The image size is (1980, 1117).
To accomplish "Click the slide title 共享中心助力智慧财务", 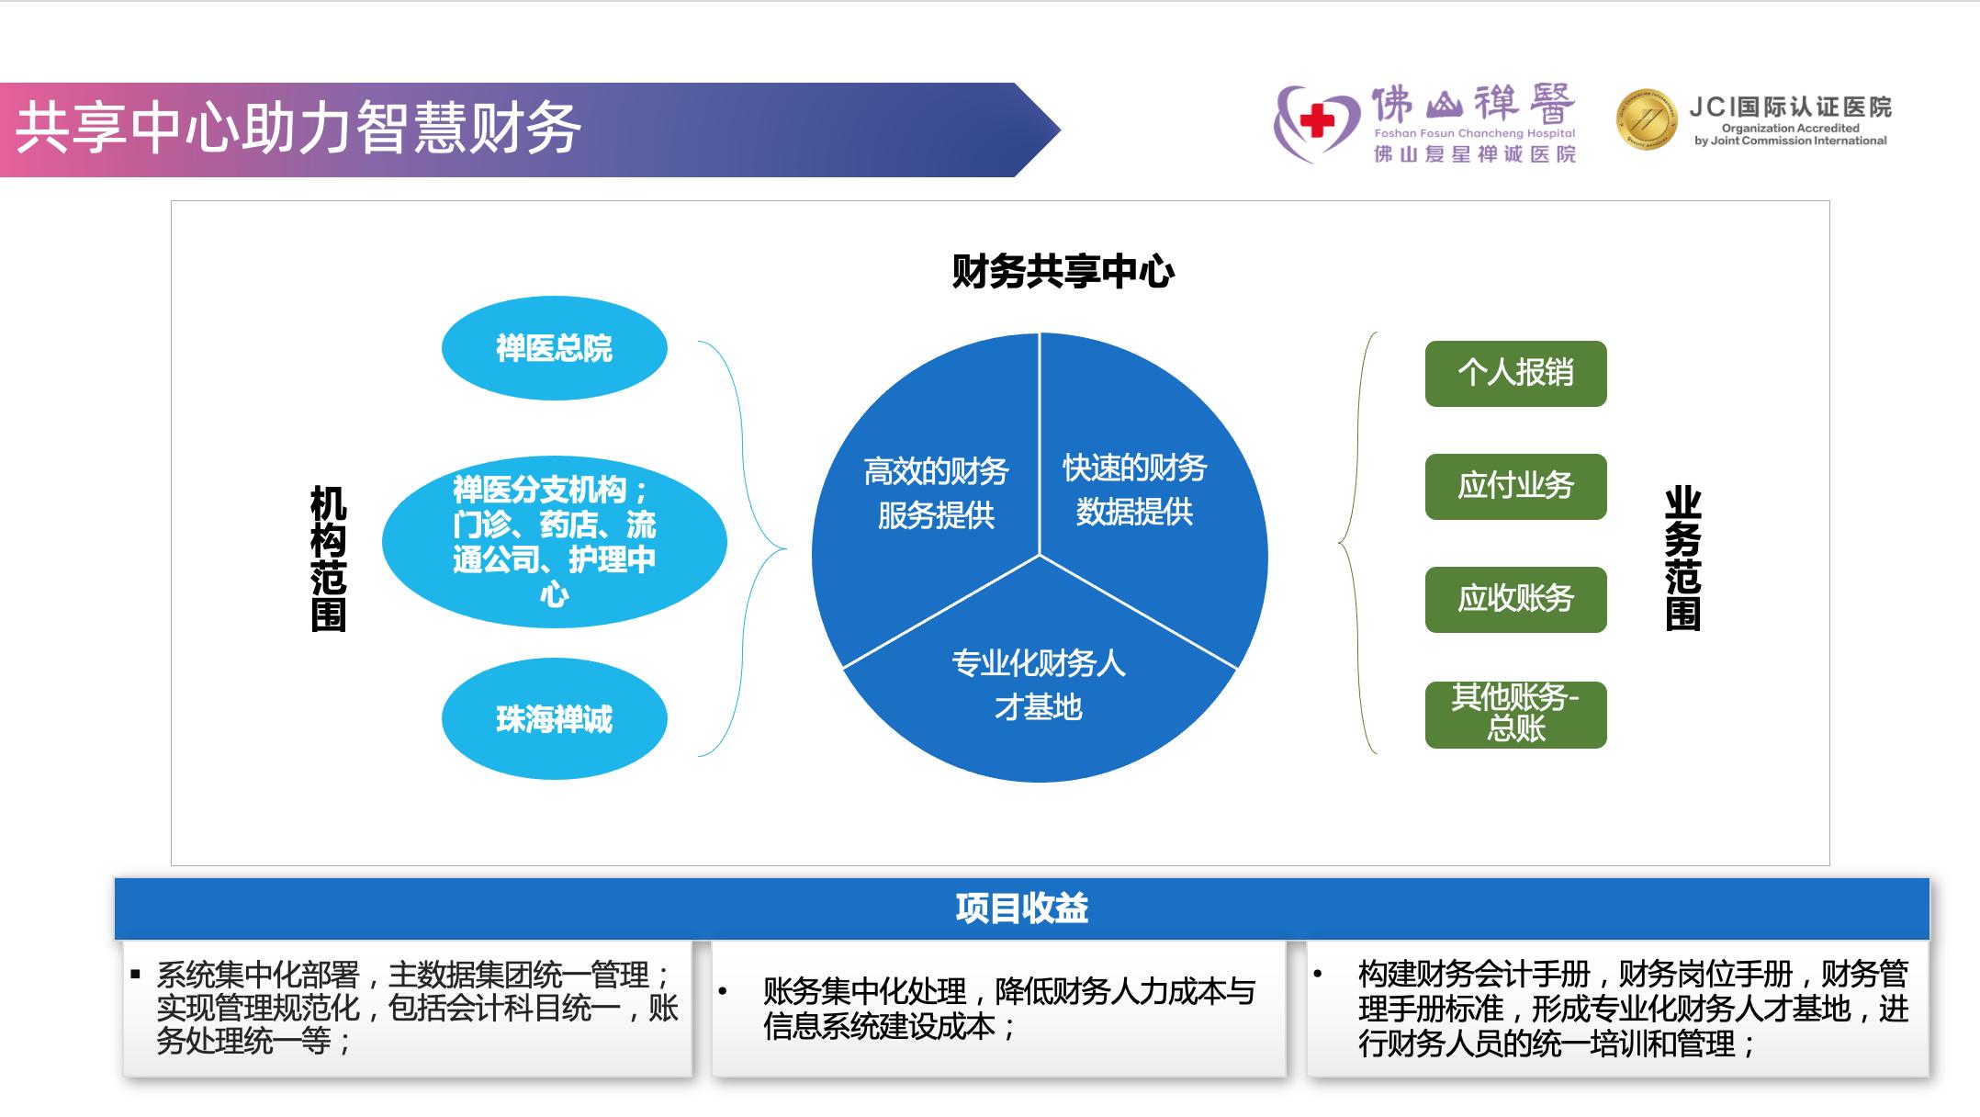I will pyautogui.click(x=298, y=128).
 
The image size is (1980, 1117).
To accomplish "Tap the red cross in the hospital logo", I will pyautogui.click(x=1317, y=120).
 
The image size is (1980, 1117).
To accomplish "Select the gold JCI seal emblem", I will pyautogui.click(x=1647, y=119).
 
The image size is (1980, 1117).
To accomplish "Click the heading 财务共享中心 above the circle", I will pyautogui.click(x=1063, y=271).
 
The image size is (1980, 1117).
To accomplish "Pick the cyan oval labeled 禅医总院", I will pyautogui.click(x=554, y=348).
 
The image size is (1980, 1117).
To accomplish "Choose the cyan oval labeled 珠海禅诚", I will pyautogui.click(x=554, y=718).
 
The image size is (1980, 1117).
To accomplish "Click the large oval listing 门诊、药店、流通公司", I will pyautogui.click(x=554, y=542).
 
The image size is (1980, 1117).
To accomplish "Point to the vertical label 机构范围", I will pyautogui.click(x=328, y=558).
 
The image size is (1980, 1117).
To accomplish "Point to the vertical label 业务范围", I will pyautogui.click(x=1682, y=558).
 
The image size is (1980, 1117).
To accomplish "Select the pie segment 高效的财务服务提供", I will pyautogui.click(x=935, y=493).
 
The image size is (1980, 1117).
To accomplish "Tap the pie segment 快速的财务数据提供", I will pyautogui.click(x=1135, y=490).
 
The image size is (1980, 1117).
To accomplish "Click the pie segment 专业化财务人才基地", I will pyautogui.click(x=1039, y=685).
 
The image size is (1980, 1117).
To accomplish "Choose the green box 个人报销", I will pyautogui.click(x=1515, y=373).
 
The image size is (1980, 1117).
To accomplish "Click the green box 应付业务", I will pyautogui.click(x=1515, y=486).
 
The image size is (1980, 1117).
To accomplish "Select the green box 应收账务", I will pyautogui.click(x=1515, y=599).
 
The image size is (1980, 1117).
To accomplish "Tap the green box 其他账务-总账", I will pyautogui.click(x=1515, y=714).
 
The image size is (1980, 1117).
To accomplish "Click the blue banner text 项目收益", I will pyautogui.click(x=1021, y=908).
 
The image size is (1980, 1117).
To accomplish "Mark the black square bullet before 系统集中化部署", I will pyautogui.click(x=136, y=973).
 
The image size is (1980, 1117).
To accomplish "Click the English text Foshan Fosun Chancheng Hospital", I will pyautogui.click(x=1474, y=134).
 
